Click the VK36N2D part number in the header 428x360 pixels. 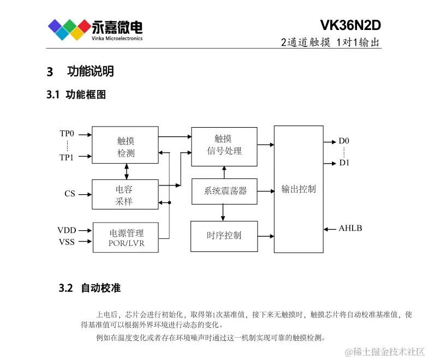click(350, 26)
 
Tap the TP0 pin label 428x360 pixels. click(67, 133)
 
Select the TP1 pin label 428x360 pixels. click(67, 157)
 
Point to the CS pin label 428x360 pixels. click(70, 194)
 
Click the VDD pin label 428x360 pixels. click(66, 230)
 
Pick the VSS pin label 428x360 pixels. click(67, 242)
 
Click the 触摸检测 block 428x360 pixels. click(126, 147)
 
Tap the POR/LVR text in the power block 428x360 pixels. click(126, 243)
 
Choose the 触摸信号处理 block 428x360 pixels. click(224, 145)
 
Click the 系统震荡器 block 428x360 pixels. click(224, 191)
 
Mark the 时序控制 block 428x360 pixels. click(224, 236)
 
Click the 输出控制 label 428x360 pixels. click(298, 189)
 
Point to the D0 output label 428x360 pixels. click(344, 141)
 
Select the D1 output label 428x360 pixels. click(344, 163)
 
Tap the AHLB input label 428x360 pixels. click(350, 228)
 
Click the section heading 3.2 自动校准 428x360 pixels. click(90, 288)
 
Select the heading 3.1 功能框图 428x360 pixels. click(77, 94)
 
